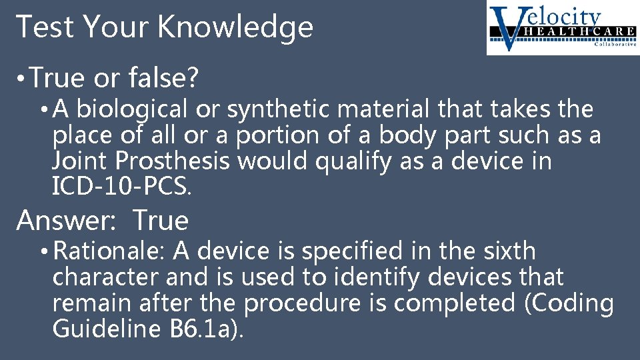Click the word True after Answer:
[161, 220]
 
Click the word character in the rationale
[108, 277]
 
